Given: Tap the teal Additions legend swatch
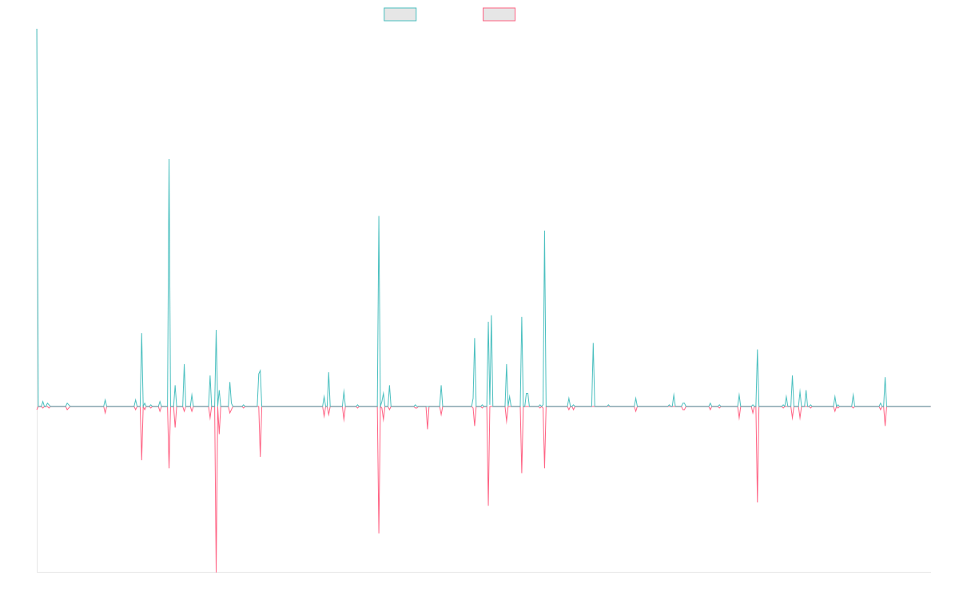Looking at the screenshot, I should tap(400, 14).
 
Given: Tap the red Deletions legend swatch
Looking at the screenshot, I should tap(499, 14).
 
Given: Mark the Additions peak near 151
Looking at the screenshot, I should tap(169, 161).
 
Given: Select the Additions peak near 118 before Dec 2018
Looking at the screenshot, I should tap(379, 216).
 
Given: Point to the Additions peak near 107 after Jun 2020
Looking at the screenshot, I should tap(544, 232).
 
